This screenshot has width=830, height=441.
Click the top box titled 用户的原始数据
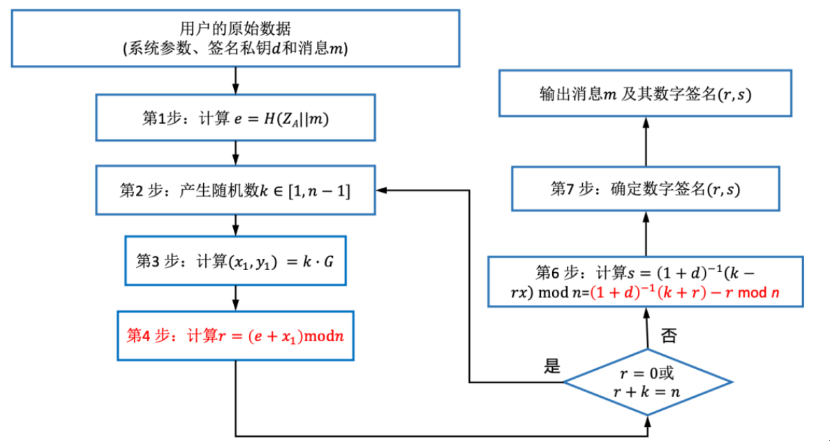pyautogui.click(x=235, y=39)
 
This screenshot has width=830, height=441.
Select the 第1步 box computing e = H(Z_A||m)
pyautogui.click(x=235, y=118)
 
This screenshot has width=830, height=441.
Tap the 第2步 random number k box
pyautogui.click(x=235, y=190)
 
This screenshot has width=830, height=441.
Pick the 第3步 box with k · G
pyautogui.click(x=235, y=260)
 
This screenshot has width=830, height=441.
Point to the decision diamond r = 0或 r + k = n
pyautogui.click(x=648, y=382)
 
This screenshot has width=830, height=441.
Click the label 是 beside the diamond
pyautogui.click(x=553, y=366)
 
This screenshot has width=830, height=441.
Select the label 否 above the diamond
pyautogui.click(x=668, y=336)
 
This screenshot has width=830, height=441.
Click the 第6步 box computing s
pyautogui.click(x=645, y=282)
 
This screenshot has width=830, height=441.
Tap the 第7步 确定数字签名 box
pyautogui.click(x=645, y=188)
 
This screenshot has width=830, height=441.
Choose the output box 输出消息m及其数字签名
pyautogui.click(x=645, y=94)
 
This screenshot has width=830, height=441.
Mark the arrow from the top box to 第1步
pyautogui.click(x=235, y=81)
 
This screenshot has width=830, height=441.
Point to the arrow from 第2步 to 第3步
pyautogui.click(x=235, y=224)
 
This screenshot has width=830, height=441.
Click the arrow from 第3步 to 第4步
pyautogui.click(x=235, y=297)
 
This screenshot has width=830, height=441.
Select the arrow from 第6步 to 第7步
pyautogui.click(x=645, y=234)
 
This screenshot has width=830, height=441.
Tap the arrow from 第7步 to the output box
pyautogui.click(x=645, y=141)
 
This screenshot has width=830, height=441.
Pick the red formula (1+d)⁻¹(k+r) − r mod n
pyautogui.click(x=684, y=292)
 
